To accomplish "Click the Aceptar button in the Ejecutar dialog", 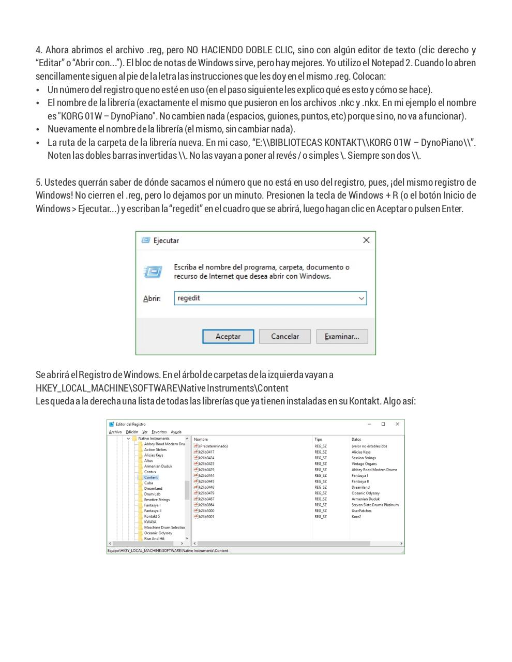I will coord(228,337).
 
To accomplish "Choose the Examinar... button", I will coord(341,337).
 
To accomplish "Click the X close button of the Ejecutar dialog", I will coord(366,240).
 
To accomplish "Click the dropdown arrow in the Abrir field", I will coord(361,298).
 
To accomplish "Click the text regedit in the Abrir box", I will coord(189,298).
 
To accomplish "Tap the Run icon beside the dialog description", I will coord(153,272).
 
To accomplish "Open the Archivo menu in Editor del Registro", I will coord(115,432).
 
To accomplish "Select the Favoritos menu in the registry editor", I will coord(159,432).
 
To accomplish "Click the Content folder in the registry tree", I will coord(150,477).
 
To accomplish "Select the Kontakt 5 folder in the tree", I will coord(152,516).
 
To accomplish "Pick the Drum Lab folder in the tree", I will coord(152,494).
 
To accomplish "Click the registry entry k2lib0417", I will coord(206,452).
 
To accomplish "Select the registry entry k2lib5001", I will coord(206,517).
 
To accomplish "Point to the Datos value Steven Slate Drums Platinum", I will coord(375,505).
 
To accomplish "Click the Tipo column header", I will coord(318,440).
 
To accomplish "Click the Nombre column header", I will coord(201,440).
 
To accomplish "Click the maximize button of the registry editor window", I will coord(383,424).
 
